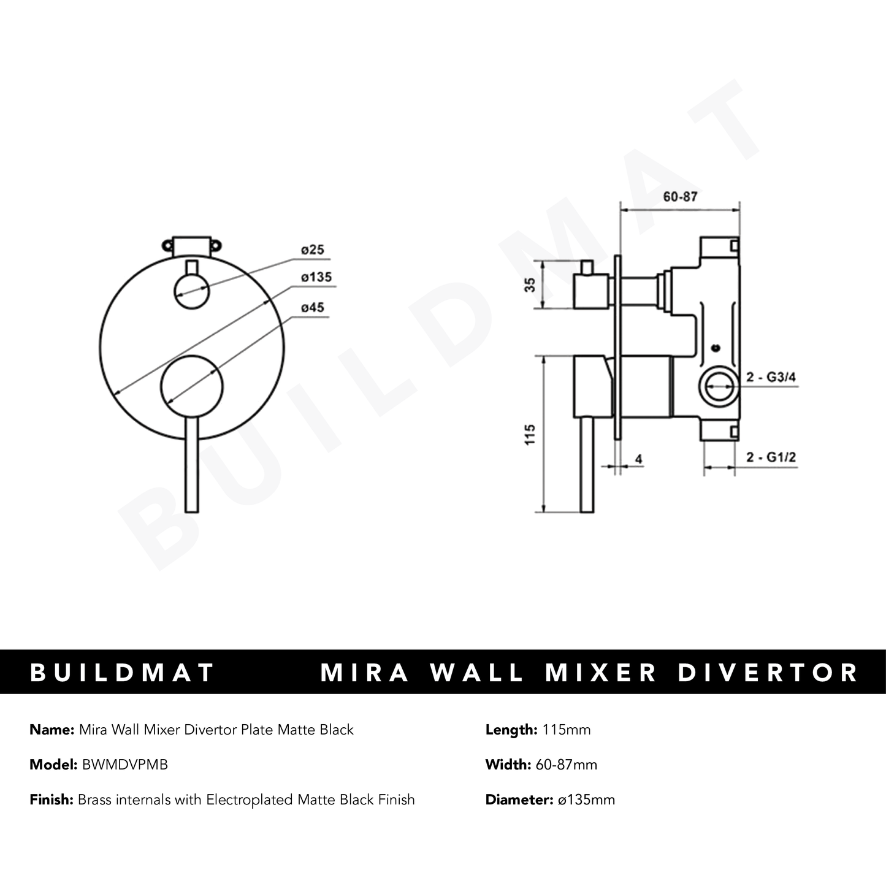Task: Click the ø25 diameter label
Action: [313, 250]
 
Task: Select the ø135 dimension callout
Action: [316, 277]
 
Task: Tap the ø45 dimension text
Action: [313, 308]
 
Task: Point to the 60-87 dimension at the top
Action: [680, 197]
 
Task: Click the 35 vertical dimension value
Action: [531, 285]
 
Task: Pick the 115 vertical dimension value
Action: [531, 434]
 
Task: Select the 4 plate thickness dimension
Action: [638, 459]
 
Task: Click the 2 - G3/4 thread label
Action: [771, 378]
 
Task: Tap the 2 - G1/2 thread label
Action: [771, 457]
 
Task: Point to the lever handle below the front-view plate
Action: [192, 472]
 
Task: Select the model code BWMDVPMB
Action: [124, 765]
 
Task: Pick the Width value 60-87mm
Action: [567, 765]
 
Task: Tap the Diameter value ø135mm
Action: [585, 800]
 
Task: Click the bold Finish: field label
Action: [52, 800]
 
